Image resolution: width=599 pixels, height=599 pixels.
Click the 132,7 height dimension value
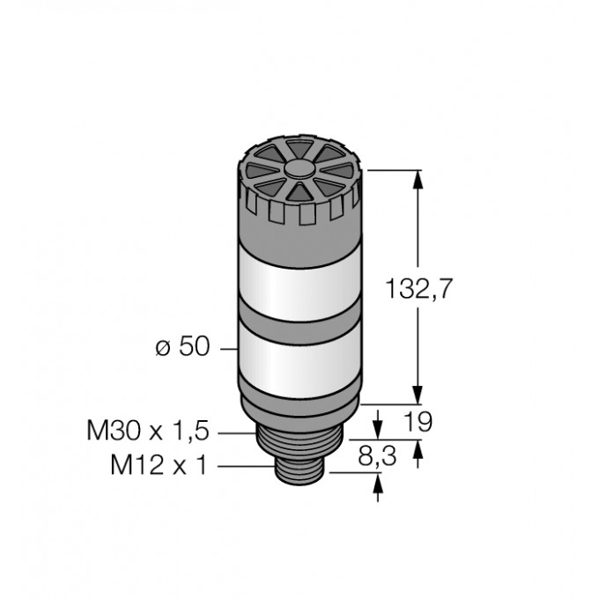click(418, 288)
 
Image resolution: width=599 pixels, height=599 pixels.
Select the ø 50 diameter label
click(183, 346)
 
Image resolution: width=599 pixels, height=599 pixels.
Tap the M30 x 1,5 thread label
click(149, 431)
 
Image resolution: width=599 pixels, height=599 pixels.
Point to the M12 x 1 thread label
click(159, 464)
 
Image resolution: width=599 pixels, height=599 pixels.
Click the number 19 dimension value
click(418, 422)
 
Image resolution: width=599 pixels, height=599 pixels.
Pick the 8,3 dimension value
click(377, 456)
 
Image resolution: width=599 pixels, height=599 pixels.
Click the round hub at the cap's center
click(299, 170)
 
